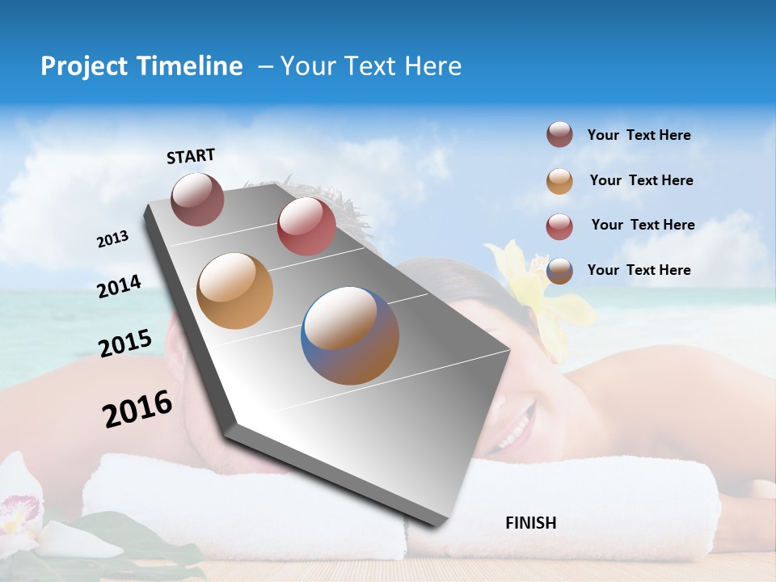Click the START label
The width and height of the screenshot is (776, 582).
coord(191,156)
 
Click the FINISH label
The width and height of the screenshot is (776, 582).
coord(530,523)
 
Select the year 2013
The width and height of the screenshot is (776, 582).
coord(112,239)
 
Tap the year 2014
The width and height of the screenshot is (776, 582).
coord(119,286)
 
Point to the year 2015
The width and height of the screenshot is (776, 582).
coord(124,344)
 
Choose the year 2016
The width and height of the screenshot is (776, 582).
coord(137,409)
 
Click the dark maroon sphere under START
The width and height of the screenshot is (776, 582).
coord(197,199)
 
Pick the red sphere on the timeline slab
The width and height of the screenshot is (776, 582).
coord(306,226)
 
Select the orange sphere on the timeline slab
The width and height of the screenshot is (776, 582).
coord(234,291)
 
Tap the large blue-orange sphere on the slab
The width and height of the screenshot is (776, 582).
coord(350,335)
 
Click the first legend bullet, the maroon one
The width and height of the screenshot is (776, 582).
coord(559,135)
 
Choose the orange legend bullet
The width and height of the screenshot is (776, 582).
coord(559,181)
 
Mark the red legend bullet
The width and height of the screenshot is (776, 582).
coord(559,226)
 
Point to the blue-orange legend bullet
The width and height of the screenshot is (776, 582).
coord(559,271)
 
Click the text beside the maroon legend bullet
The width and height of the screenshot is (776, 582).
coord(639,135)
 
